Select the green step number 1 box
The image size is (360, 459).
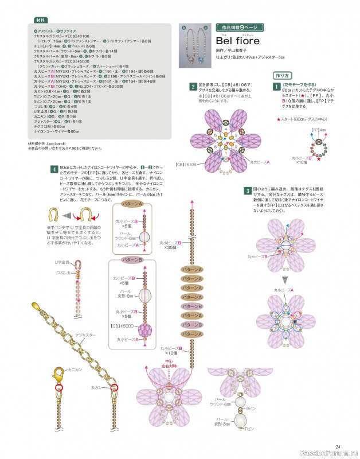pos(276,86)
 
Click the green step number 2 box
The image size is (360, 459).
pos(194,87)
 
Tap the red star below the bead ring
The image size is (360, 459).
pos(319,158)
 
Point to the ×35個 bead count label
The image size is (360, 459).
pos(170,248)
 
